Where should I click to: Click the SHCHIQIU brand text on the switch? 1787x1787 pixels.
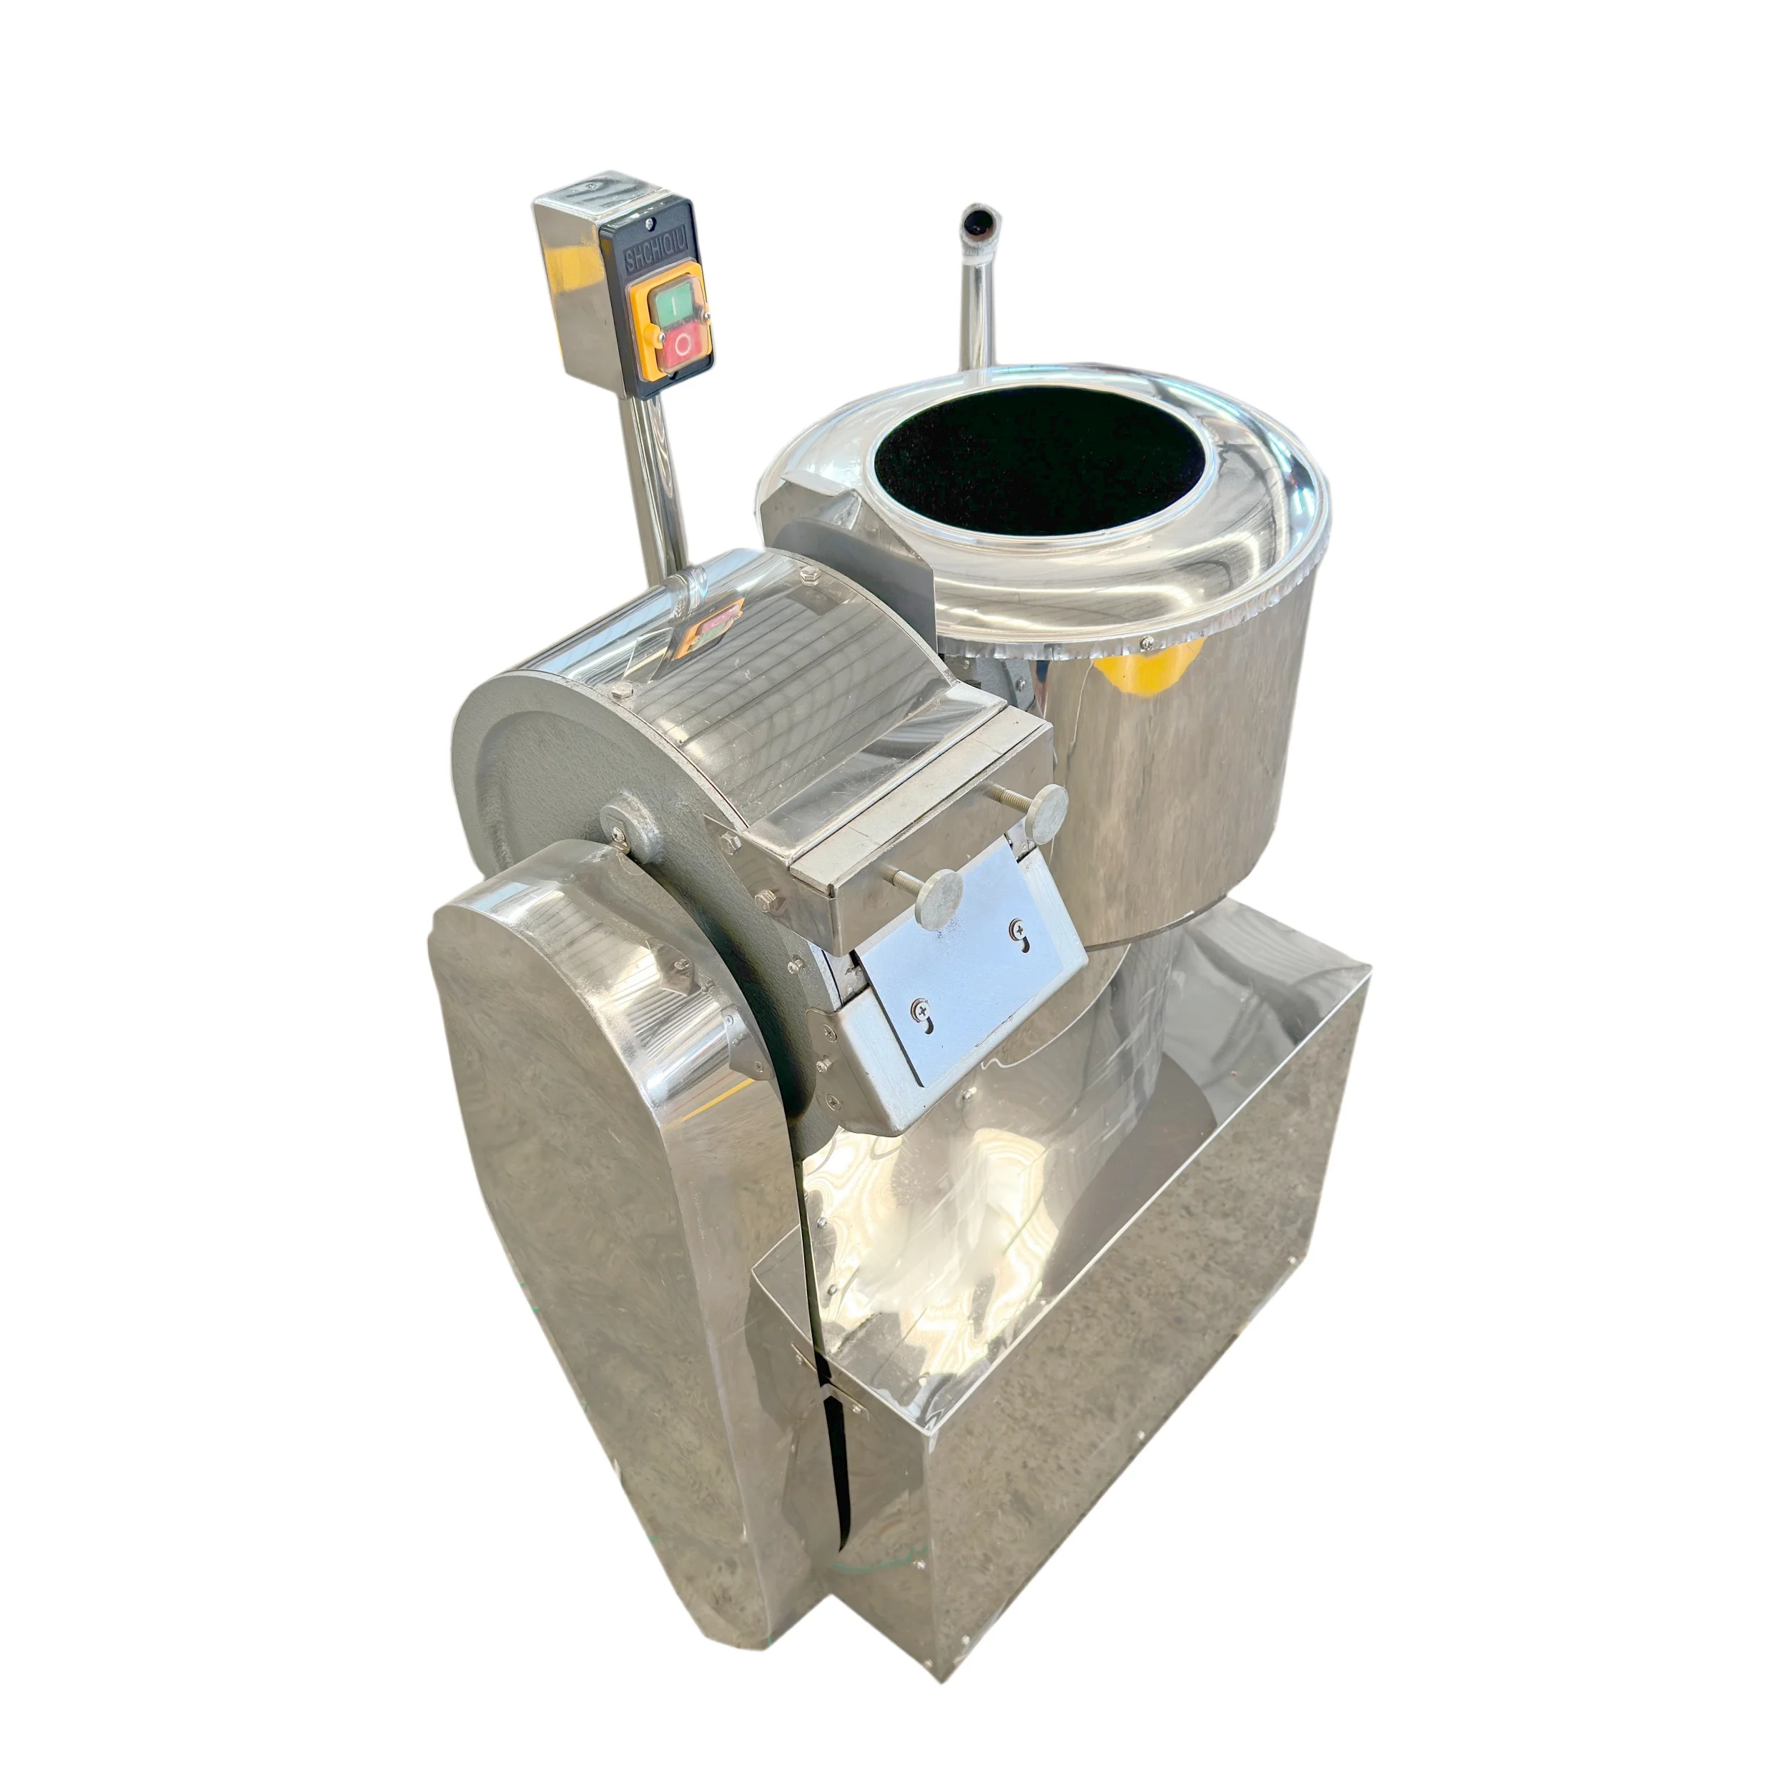coord(645,248)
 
